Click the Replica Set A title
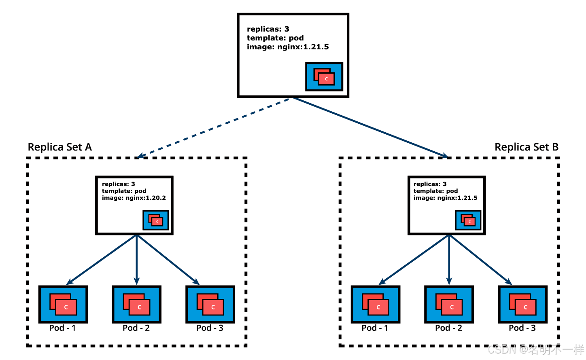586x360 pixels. (59, 147)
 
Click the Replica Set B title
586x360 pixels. (527, 147)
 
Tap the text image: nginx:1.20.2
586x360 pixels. (134, 198)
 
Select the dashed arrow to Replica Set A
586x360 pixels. (213, 128)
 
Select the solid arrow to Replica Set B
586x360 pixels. (370, 127)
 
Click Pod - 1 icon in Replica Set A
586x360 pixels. (63, 304)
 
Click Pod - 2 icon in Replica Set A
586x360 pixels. (136, 304)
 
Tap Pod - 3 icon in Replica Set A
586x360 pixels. (210, 304)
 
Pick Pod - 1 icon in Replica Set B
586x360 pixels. (376, 304)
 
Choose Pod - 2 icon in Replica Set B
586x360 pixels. (449, 304)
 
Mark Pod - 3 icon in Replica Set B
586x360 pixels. (523, 304)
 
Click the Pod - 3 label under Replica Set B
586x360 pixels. (522, 328)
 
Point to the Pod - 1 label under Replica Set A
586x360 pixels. (62, 328)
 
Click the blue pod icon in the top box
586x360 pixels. (324, 76)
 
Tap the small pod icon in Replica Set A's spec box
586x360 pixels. (156, 220)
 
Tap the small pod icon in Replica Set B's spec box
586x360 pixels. (468, 220)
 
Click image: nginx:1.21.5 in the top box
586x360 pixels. (288, 47)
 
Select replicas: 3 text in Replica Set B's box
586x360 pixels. (430, 184)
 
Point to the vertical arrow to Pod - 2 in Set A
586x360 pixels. (136, 260)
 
